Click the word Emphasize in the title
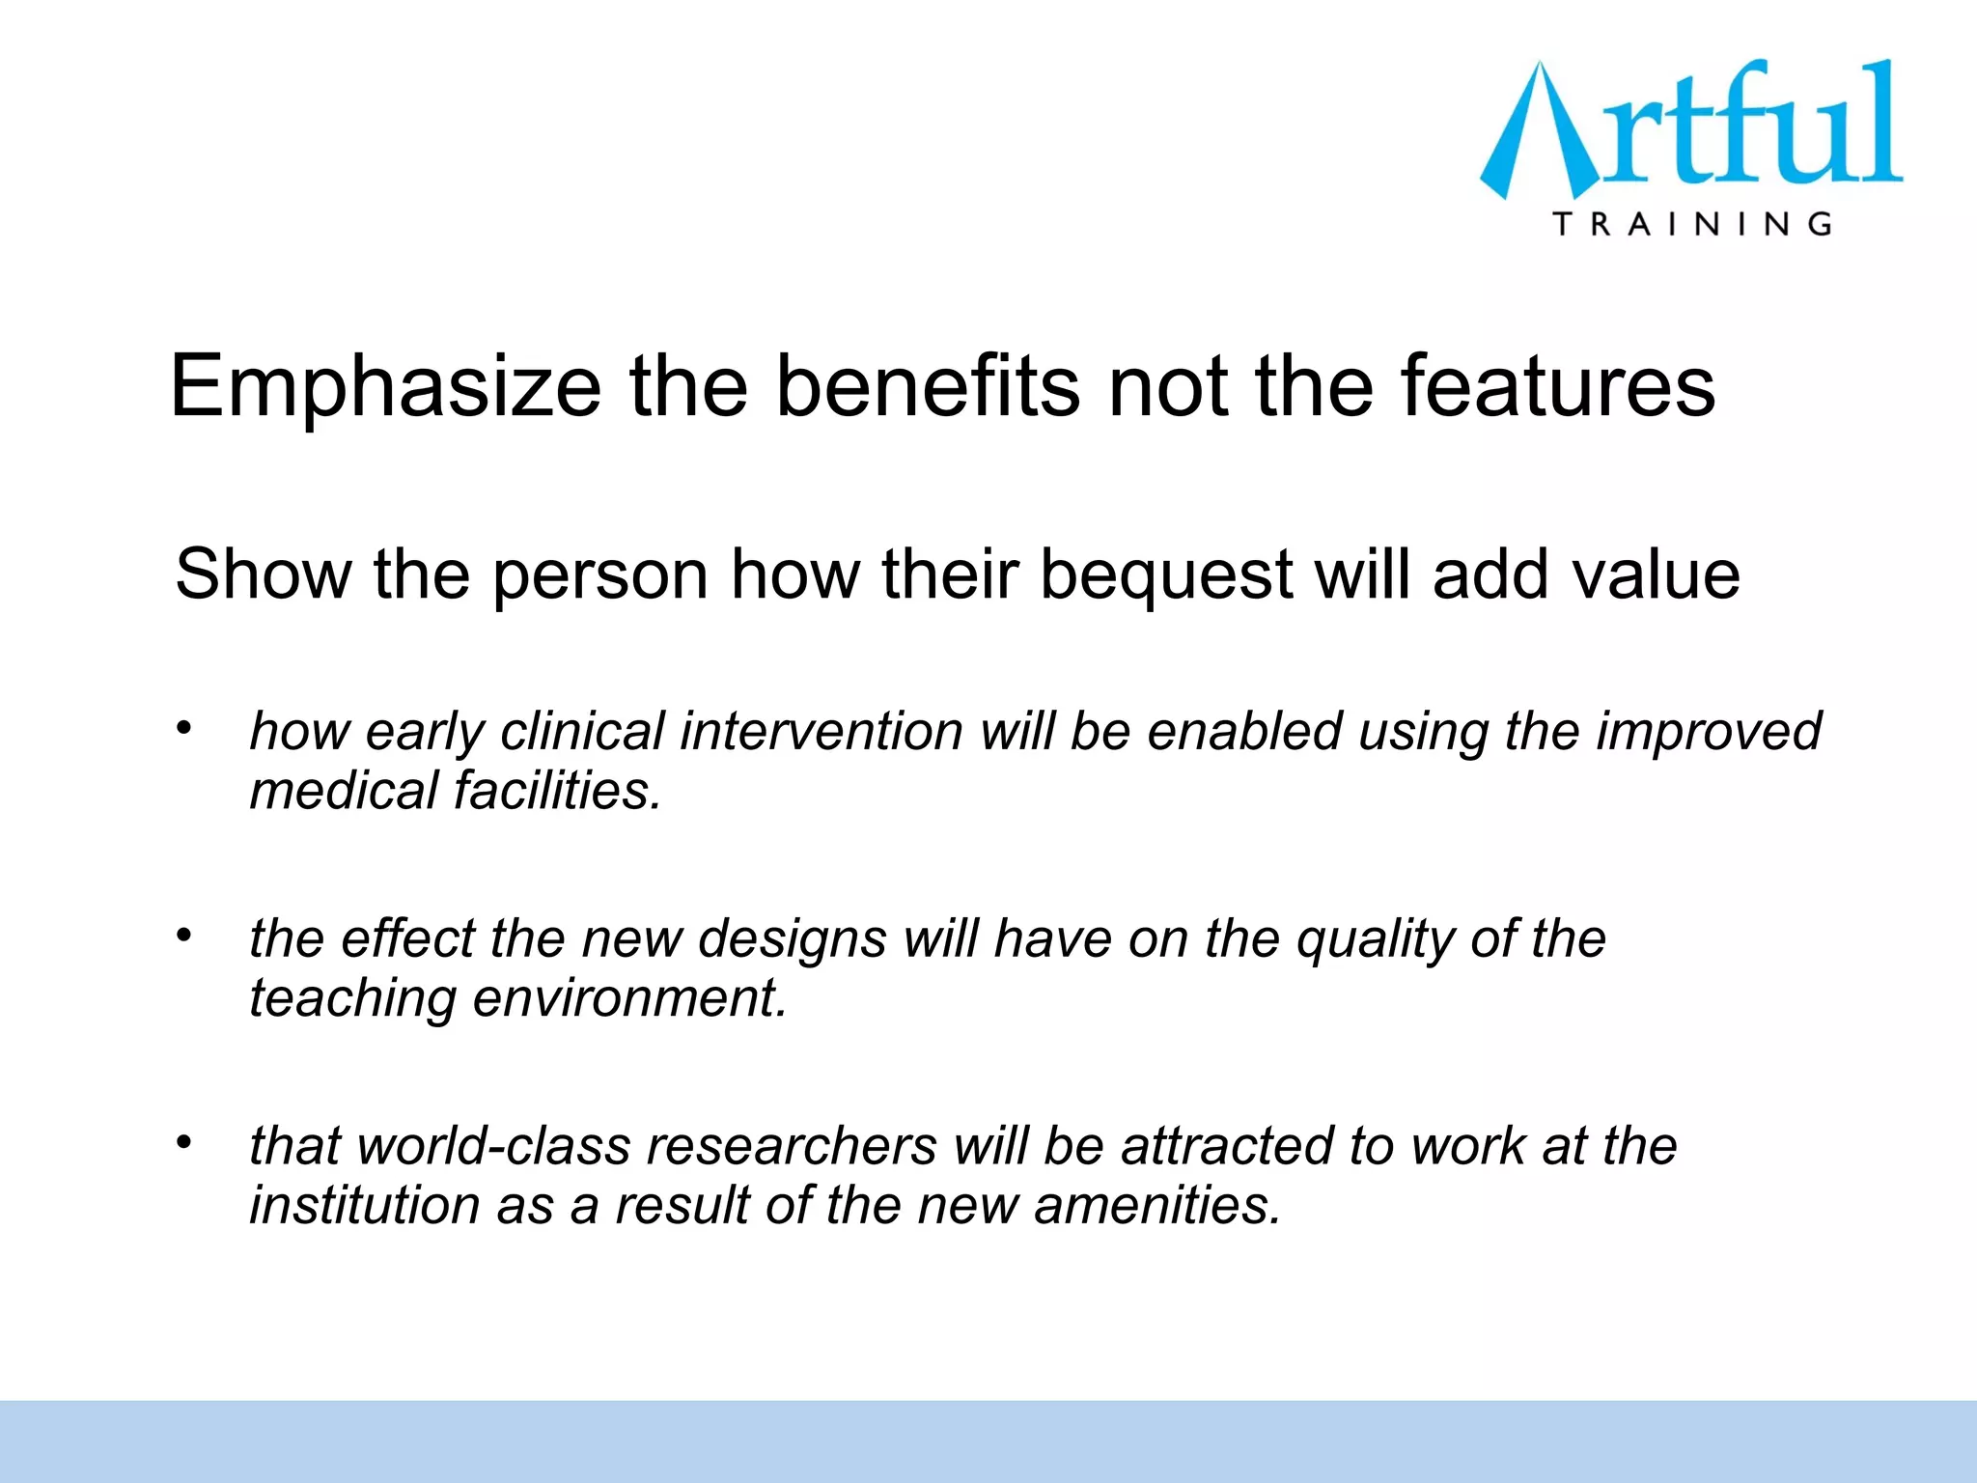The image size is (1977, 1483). pos(386,388)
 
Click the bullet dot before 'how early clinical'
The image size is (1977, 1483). pos(184,727)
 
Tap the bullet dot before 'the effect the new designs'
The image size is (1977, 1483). pos(184,935)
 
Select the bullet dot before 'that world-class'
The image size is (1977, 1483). pos(184,1142)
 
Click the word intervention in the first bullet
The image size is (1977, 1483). pos(821,731)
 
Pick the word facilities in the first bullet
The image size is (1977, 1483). pos(557,791)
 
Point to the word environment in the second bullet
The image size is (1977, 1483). pos(629,998)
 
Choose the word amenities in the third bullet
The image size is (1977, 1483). pos(1156,1206)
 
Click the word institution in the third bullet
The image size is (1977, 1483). pos(364,1206)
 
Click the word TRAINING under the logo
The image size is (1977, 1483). pos(1692,224)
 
